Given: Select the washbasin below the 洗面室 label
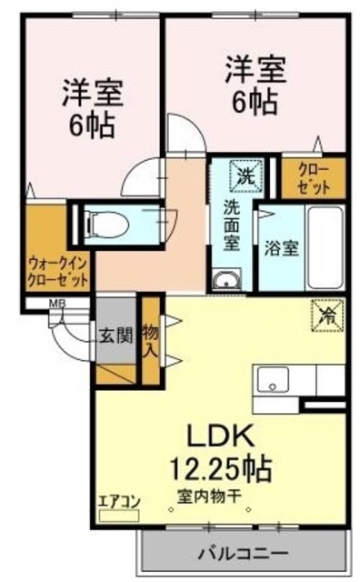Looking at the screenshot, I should pyautogui.click(x=225, y=278).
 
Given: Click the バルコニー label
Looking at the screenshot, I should pyautogui.click(x=243, y=552).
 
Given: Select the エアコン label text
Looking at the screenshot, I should pyautogui.click(x=118, y=499).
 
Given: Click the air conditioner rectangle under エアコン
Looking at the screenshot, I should pyautogui.click(x=120, y=515).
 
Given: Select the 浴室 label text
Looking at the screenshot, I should pyautogui.click(x=277, y=245).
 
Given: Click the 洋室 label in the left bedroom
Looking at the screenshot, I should pyautogui.click(x=92, y=95).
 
